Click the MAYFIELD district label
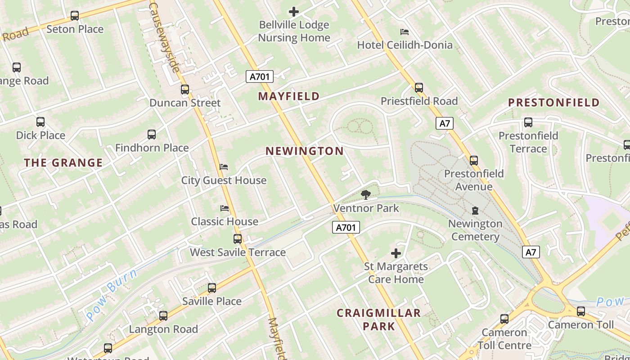pos(289,96)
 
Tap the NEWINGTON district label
pos(305,151)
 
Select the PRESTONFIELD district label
pos(554,103)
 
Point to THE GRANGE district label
pos(63,163)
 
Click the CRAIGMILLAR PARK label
pos(379,319)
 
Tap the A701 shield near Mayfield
pos(260,76)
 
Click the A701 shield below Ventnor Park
pos(346,228)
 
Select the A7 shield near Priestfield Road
pos(444,123)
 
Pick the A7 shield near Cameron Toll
pos(531,252)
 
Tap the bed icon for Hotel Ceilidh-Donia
pos(405,32)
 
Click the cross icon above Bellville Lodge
pos(294,11)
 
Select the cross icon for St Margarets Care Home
pos(396,253)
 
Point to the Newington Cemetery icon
pos(475,210)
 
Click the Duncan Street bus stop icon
pos(185,90)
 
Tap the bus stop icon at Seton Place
pos(75,16)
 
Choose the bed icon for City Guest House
pos(224,167)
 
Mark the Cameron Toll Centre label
pos(504,339)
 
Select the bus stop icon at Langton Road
pos(163,316)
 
